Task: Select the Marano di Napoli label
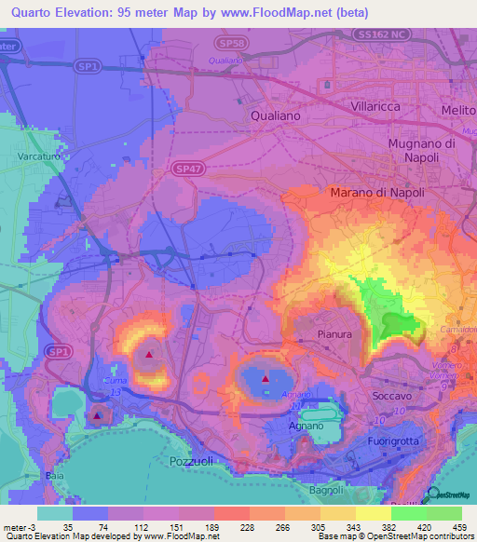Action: click(x=376, y=193)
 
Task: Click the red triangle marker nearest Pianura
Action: click(x=266, y=379)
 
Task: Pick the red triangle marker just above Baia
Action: click(x=97, y=416)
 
